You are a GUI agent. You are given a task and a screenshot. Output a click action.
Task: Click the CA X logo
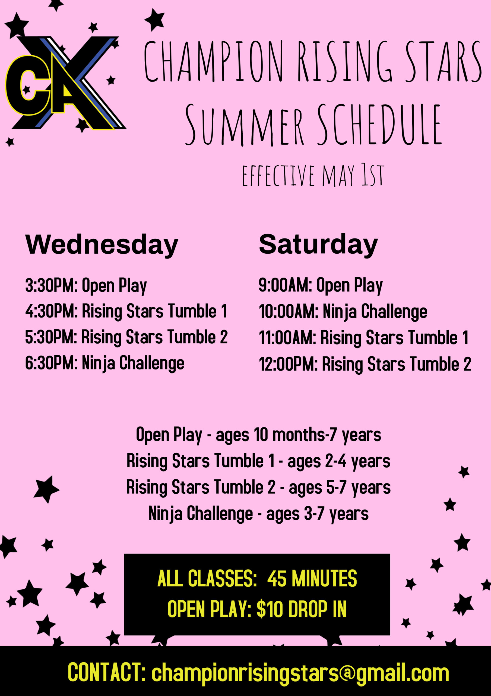point(65,83)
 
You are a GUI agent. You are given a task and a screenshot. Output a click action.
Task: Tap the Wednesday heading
point(102,245)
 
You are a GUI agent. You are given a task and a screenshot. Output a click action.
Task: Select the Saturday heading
point(318,245)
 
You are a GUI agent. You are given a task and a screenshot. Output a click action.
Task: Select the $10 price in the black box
point(270,609)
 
